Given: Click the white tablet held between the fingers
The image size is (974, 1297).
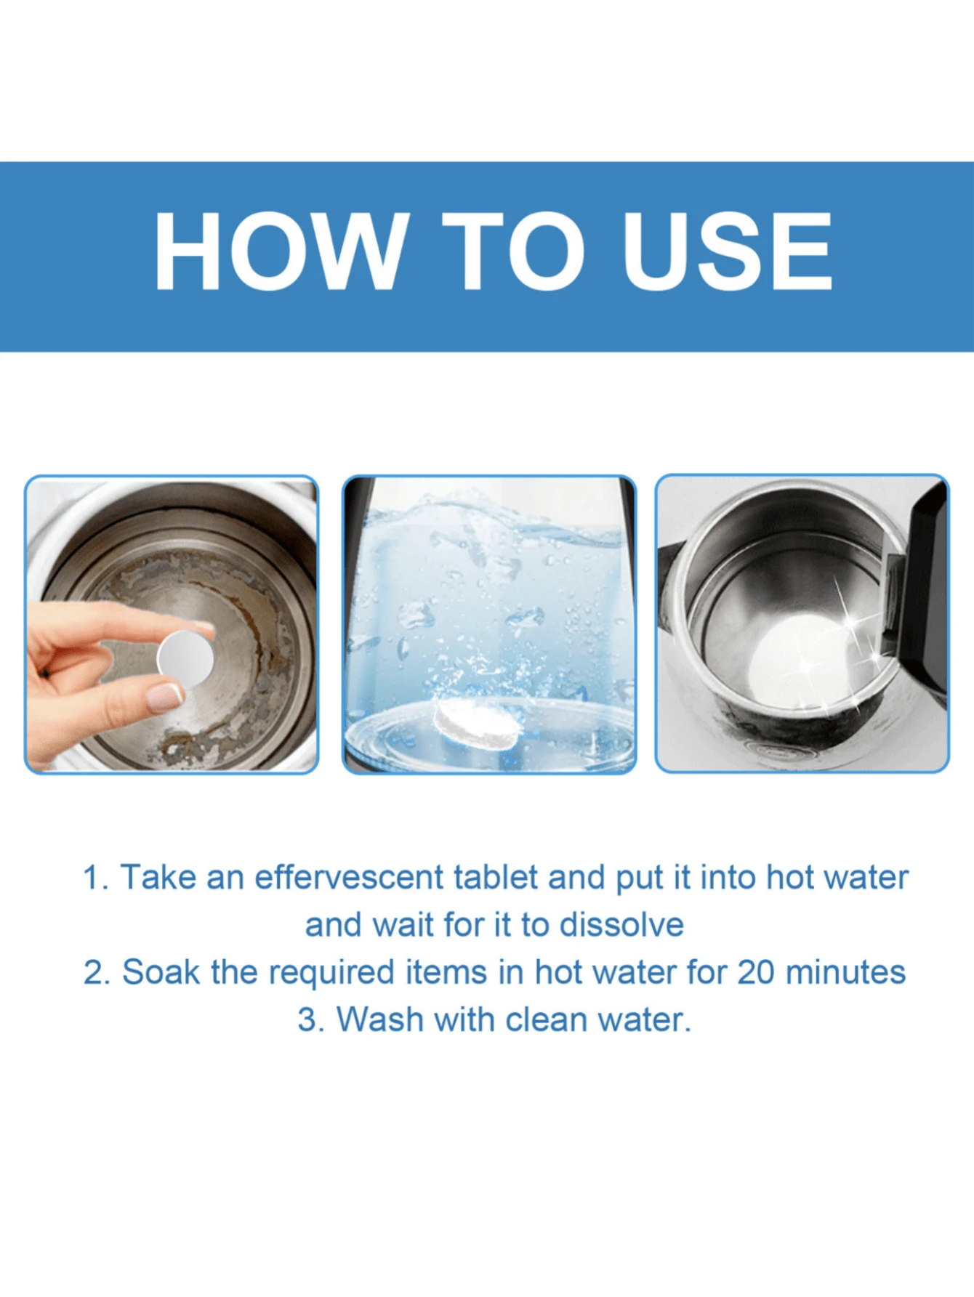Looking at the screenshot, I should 185,658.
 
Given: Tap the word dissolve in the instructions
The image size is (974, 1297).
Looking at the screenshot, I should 621,925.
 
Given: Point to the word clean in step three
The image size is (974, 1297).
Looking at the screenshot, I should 547,1019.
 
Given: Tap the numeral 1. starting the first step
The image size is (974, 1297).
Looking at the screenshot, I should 94,878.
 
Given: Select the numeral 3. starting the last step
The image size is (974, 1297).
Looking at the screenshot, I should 310,1019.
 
